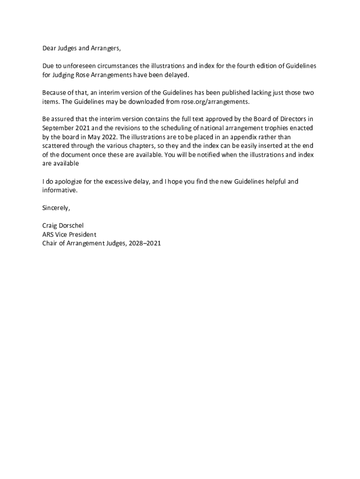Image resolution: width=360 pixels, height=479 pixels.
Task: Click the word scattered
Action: pos(57,145)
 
